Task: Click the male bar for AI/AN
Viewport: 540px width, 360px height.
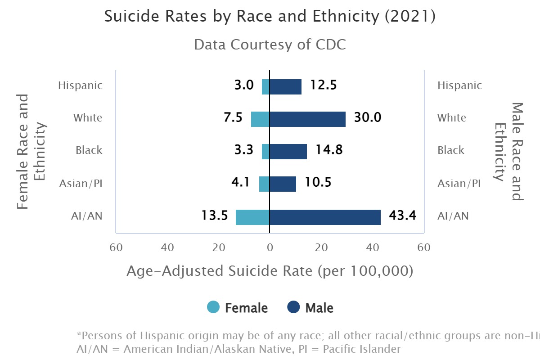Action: [325, 217]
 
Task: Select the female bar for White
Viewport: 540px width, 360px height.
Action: [260, 119]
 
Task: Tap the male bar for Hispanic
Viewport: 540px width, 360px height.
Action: [285, 86]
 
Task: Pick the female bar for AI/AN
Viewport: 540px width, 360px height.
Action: [252, 217]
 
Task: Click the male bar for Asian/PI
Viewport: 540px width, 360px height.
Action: [283, 184]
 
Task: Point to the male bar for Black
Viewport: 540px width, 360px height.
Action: [288, 151]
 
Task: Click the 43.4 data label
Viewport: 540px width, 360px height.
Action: [402, 216]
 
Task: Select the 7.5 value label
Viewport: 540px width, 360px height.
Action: [233, 118]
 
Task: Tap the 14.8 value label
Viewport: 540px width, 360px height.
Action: [328, 150]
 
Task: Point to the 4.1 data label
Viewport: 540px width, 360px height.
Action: [241, 183]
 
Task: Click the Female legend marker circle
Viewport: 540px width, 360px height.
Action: [213, 307]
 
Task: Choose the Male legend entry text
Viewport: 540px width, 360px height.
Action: [319, 308]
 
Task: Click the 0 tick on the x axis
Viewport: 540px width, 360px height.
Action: [270, 247]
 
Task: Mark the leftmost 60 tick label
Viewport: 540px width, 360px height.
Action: [116, 247]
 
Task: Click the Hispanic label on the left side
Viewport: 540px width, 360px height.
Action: [80, 85]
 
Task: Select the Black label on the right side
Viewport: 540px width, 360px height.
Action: [450, 150]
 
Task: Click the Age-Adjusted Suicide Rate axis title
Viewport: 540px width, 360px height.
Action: [270, 271]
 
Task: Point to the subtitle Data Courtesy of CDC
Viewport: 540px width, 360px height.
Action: [270, 45]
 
